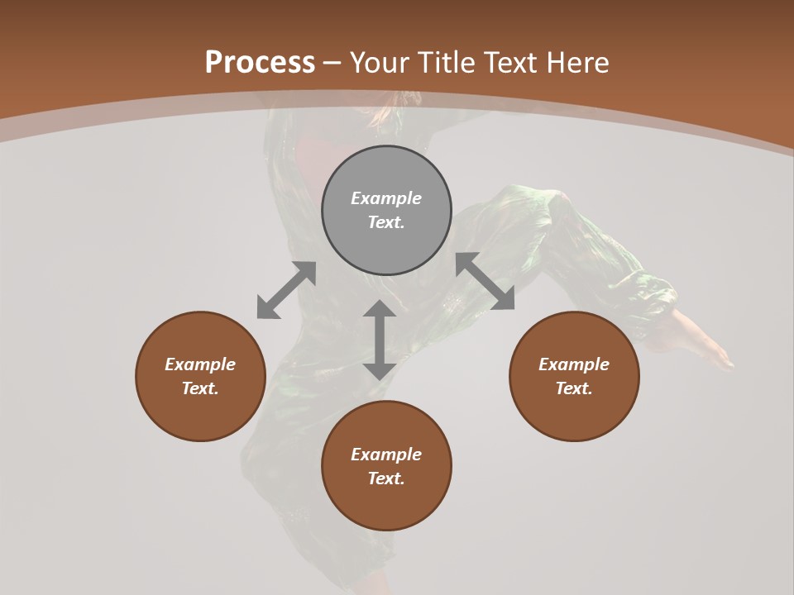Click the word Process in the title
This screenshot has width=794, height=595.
click(x=260, y=63)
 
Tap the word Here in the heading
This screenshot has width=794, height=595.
click(x=577, y=63)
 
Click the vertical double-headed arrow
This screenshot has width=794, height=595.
click(x=380, y=340)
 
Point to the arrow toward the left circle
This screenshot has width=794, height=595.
click(x=286, y=290)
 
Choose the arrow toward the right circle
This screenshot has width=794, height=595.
click(x=485, y=282)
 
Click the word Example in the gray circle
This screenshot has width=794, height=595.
click(x=386, y=198)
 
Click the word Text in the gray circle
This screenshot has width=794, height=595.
click(x=385, y=222)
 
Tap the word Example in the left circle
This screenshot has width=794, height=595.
click(x=200, y=364)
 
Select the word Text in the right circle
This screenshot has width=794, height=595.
click(x=573, y=388)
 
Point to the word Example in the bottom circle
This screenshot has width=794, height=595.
click(x=386, y=455)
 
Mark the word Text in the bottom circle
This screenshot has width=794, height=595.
click(x=385, y=478)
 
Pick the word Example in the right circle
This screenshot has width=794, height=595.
click(x=574, y=364)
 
